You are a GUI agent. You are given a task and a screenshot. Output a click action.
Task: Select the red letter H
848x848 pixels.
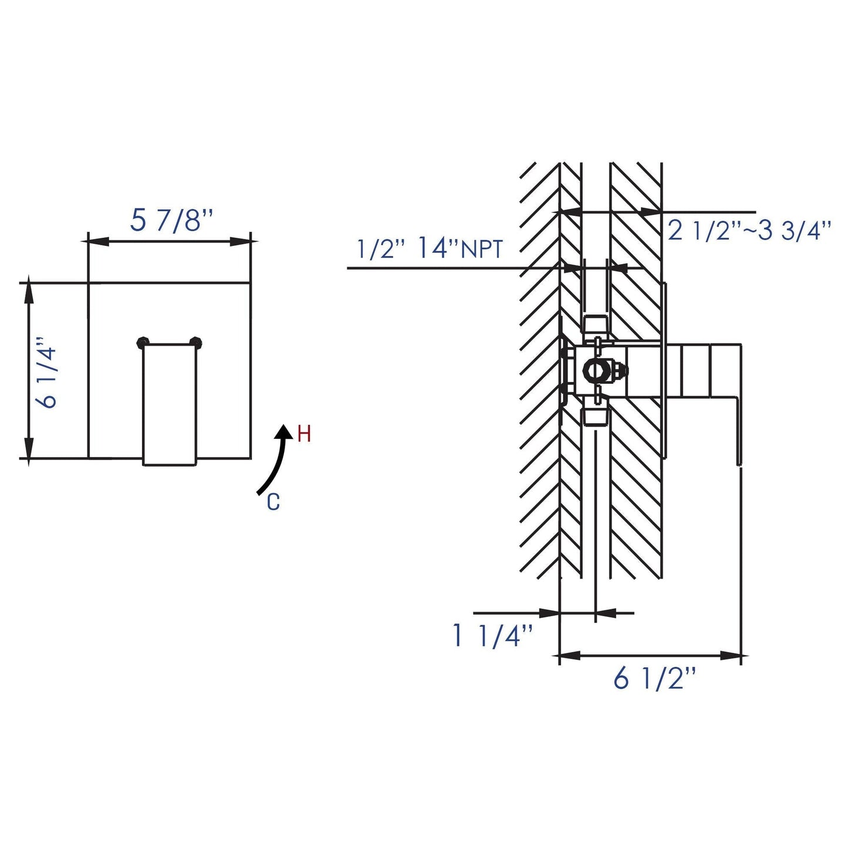pyautogui.click(x=304, y=435)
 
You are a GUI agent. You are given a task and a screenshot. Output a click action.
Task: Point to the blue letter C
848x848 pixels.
pyautogui.click(x=273, y=502)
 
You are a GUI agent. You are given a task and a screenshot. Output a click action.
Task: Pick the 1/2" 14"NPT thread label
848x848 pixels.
pyautogui.click(x=430, y=250)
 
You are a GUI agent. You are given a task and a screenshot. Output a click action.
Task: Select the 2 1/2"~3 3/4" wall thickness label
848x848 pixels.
pyautogui.click(x=749, y=231)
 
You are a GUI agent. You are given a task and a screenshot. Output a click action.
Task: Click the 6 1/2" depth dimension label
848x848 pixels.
pyautogui.click(x=654, y=680)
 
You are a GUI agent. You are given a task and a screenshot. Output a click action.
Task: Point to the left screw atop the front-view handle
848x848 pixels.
pyautogui.click(x=142, y=342)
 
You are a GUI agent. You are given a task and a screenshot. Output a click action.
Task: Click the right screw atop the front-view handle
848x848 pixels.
pyautogui.click(x=197, y=342)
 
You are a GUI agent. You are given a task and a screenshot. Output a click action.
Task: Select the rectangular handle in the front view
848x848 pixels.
pyautogui.click(x=170, y=403)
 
